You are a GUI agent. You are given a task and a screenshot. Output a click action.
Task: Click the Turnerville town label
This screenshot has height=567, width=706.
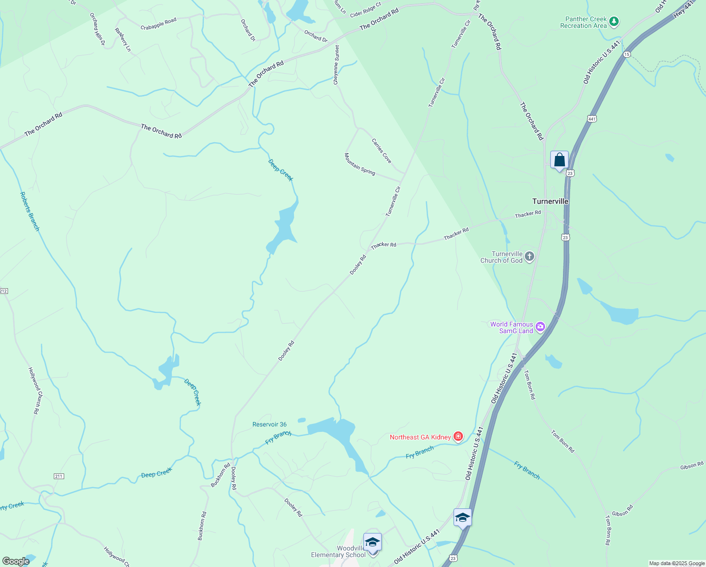tap(550, 201)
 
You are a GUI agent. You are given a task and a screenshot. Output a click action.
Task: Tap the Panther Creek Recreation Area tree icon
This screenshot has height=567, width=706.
tap(614, 21)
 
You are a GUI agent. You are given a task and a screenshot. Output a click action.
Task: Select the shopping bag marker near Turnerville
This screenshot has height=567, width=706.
tap(559, 160)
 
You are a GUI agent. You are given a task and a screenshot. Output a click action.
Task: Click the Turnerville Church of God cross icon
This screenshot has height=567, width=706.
tap(529, 257)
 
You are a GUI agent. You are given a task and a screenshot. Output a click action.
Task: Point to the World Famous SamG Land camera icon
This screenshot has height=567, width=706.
tap(540, 326)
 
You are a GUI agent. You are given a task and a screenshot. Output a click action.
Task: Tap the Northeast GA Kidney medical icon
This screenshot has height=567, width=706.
tap(457, 437)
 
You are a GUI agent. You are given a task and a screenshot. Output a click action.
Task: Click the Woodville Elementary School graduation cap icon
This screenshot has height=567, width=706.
tap(372, 542)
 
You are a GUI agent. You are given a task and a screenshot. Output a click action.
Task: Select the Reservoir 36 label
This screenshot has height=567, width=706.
tap(269, 424)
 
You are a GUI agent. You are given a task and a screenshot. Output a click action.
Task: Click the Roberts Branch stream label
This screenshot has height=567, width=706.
tap(30, 211)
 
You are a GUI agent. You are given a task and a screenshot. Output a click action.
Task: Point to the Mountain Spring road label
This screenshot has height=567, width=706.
tap(360, 164)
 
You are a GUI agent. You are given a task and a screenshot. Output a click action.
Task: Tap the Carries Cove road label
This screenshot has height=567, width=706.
tap(381, 151)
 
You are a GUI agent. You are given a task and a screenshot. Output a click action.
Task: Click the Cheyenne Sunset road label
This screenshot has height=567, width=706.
tap(336, 65)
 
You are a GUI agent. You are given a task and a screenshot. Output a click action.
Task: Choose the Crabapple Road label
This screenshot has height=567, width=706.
tap(159, 24)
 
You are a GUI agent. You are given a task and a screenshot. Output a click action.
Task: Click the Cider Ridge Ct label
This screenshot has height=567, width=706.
tap(365, 10)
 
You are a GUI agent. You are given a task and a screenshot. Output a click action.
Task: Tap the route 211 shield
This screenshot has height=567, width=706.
tap(59, 476)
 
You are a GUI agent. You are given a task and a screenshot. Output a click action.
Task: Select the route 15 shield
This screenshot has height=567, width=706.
tap(626, 54)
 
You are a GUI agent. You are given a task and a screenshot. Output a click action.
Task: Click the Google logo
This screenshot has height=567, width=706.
tap(16, 561)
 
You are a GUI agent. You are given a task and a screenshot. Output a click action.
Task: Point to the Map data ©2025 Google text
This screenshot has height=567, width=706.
tap(677, 563)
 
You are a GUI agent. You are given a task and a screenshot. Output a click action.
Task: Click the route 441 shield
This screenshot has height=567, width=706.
tap(592, 119)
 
